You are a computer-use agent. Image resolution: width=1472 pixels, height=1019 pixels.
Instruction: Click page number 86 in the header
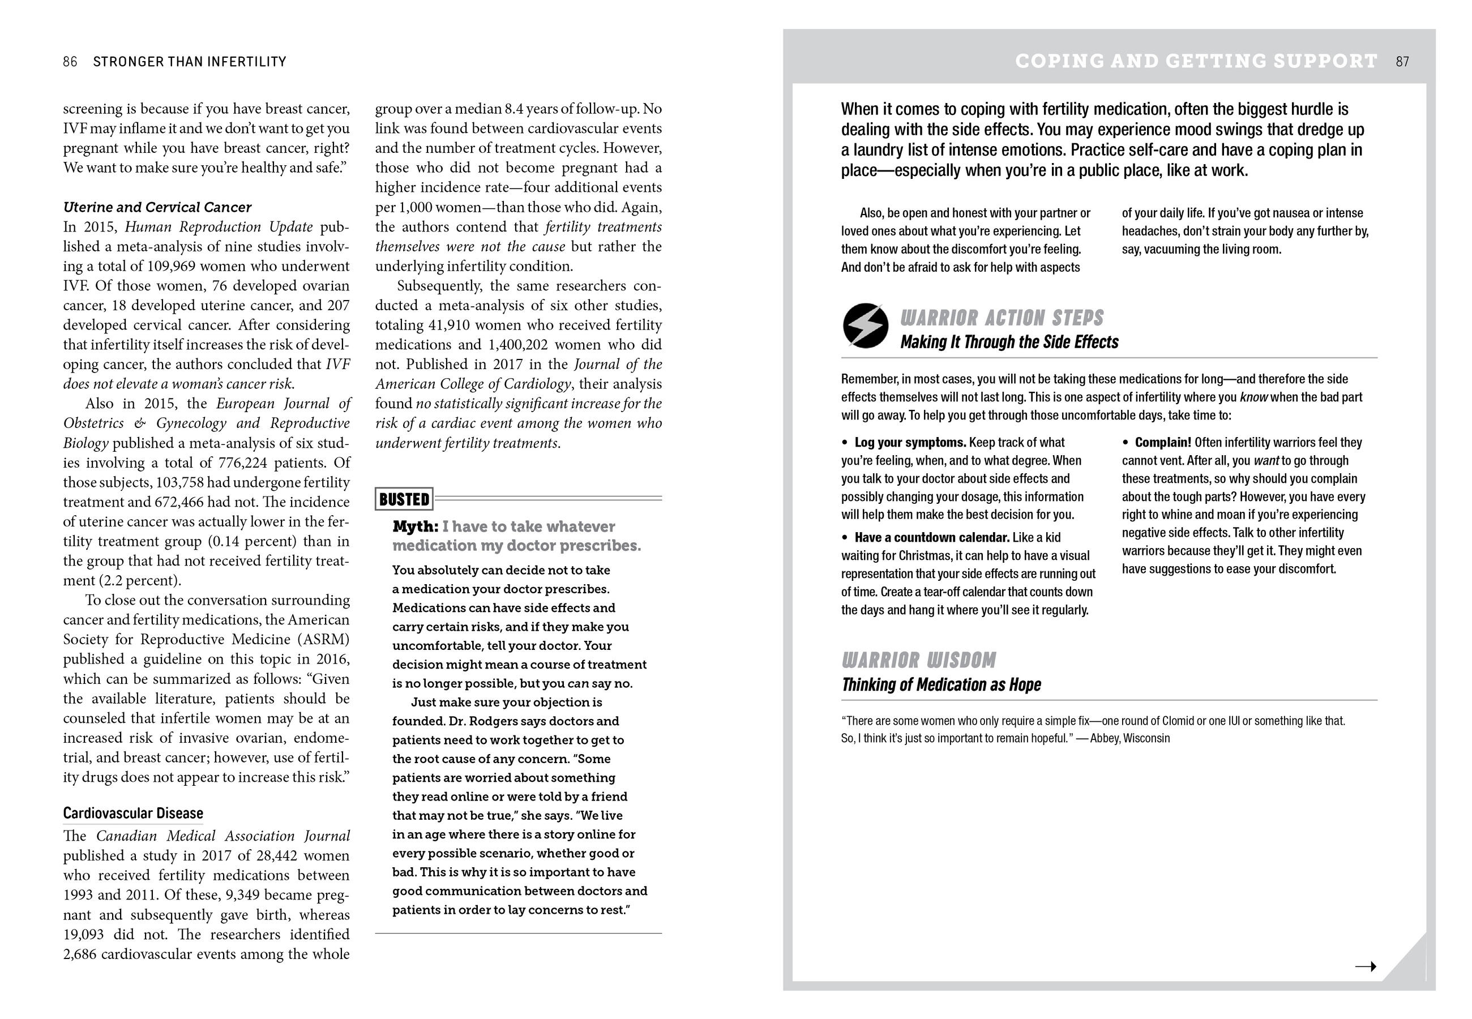[70, 62]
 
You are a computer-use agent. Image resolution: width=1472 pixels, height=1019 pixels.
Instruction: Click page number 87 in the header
[1402, 62]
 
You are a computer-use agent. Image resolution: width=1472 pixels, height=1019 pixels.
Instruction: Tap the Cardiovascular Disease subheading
[133, 814]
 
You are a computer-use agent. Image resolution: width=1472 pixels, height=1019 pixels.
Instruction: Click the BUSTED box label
[404, 499]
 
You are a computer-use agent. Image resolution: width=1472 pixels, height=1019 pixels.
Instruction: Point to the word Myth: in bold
[416, 526]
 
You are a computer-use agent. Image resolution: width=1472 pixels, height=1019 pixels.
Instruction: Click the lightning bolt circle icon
[865, 326]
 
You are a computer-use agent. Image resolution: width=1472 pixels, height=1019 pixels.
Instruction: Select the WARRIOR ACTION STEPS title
[1002, 318]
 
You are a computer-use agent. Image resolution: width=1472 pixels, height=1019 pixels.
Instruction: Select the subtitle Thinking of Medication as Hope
[941, 685]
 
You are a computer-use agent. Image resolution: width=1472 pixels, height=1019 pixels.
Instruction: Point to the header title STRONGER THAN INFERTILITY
[190, 62]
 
